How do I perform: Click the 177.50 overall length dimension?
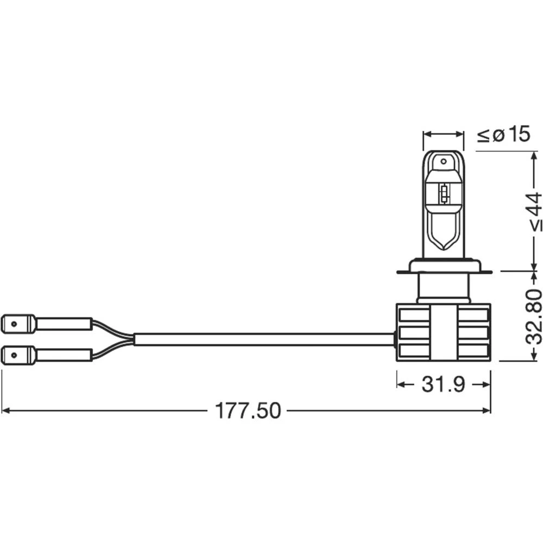248,411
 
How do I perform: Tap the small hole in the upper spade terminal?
13,324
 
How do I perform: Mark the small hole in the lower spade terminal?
13,356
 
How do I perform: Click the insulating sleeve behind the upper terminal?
63,324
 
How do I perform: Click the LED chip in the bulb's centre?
444,193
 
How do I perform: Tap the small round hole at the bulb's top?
444,161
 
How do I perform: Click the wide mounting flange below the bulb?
444,266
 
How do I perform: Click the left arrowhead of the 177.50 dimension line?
5,411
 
